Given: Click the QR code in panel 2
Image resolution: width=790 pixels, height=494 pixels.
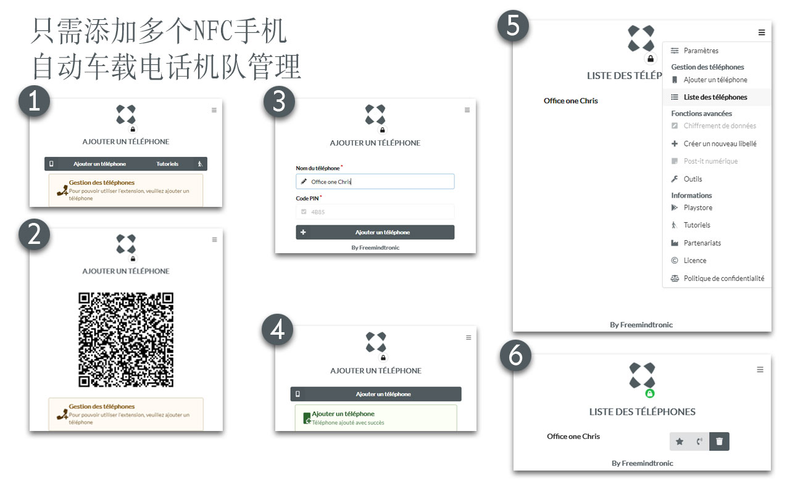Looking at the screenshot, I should tap(126, 340).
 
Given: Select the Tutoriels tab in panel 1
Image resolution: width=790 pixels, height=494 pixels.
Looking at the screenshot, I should tap(167, 164).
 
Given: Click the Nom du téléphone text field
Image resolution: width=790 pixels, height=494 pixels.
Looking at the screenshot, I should tap(375, 182).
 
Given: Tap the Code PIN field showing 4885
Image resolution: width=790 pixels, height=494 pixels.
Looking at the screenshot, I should tap(375, 212).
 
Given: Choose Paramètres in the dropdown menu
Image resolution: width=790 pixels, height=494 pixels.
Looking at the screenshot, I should tap(701, 51).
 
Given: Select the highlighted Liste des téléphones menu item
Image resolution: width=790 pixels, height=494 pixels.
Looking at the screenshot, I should tap(715, 97).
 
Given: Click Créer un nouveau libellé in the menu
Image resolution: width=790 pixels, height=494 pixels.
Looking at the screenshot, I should tap(719, 144).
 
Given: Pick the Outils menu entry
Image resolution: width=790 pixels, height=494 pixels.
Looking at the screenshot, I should tap(692, 179).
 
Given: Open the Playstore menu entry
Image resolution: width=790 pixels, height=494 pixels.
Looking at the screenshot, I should tap(697, 207).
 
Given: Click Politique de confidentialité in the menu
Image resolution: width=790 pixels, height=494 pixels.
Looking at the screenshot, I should tap(723, 278).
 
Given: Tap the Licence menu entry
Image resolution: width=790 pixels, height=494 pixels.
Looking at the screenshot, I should tap(695, 261).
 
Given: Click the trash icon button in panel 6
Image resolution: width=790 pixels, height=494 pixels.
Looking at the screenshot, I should tap(719, 442).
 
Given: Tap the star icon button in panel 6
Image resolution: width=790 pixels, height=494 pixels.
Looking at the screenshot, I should tap(680, 442).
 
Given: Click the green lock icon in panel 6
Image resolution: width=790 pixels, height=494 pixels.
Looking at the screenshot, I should tap(650, 393).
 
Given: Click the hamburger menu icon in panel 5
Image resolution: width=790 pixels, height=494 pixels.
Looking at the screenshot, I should tap(762, 32).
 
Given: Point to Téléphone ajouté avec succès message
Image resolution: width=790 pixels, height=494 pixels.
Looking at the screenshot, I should tap(347, 423).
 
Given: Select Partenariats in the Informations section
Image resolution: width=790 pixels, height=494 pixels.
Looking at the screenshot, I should tap(702, 243).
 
